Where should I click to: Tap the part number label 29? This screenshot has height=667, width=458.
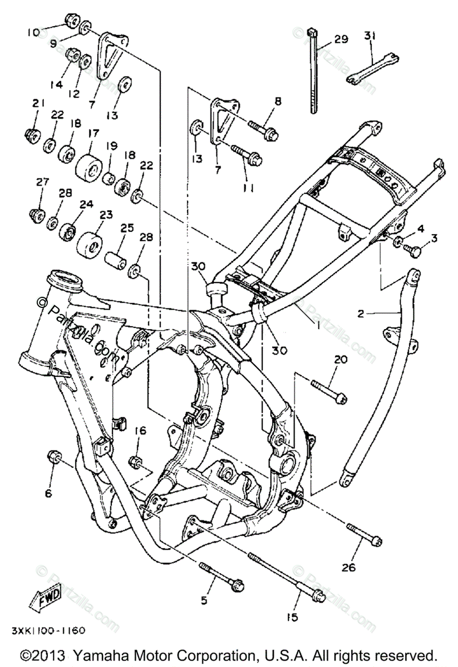(341, 39)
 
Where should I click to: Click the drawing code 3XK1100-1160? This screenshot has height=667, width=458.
(47, 631)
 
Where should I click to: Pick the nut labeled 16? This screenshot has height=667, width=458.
(135, 461)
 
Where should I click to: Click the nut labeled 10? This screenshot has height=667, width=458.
(70, 21)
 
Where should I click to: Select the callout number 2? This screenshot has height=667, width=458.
(360, 313)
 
